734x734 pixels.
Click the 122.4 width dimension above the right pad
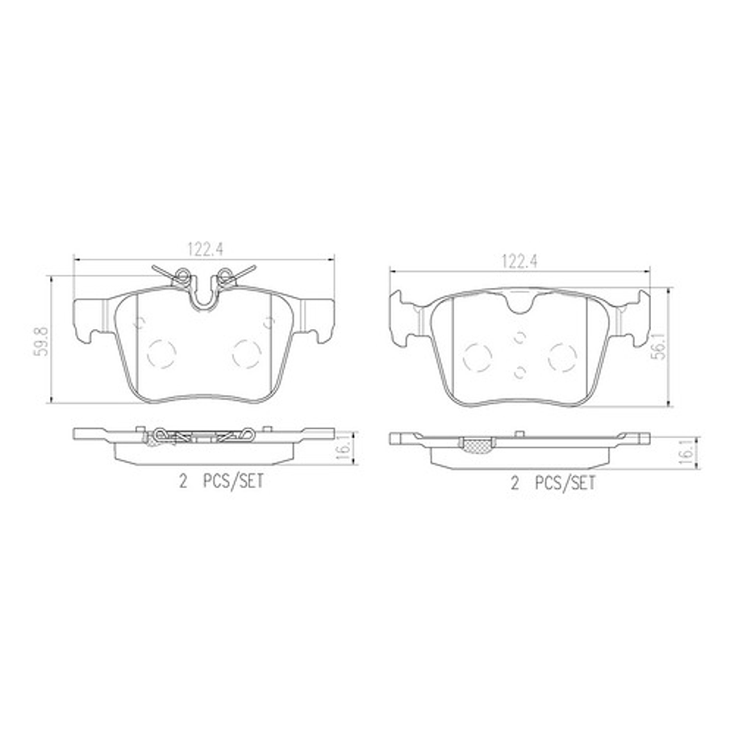[519, 260]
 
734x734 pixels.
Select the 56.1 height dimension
[659, 347]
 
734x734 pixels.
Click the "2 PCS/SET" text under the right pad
[553, 483]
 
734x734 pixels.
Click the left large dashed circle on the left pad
[164, 352]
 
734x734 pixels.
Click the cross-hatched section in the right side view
[474, 444]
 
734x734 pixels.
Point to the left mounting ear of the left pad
[90, 318]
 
